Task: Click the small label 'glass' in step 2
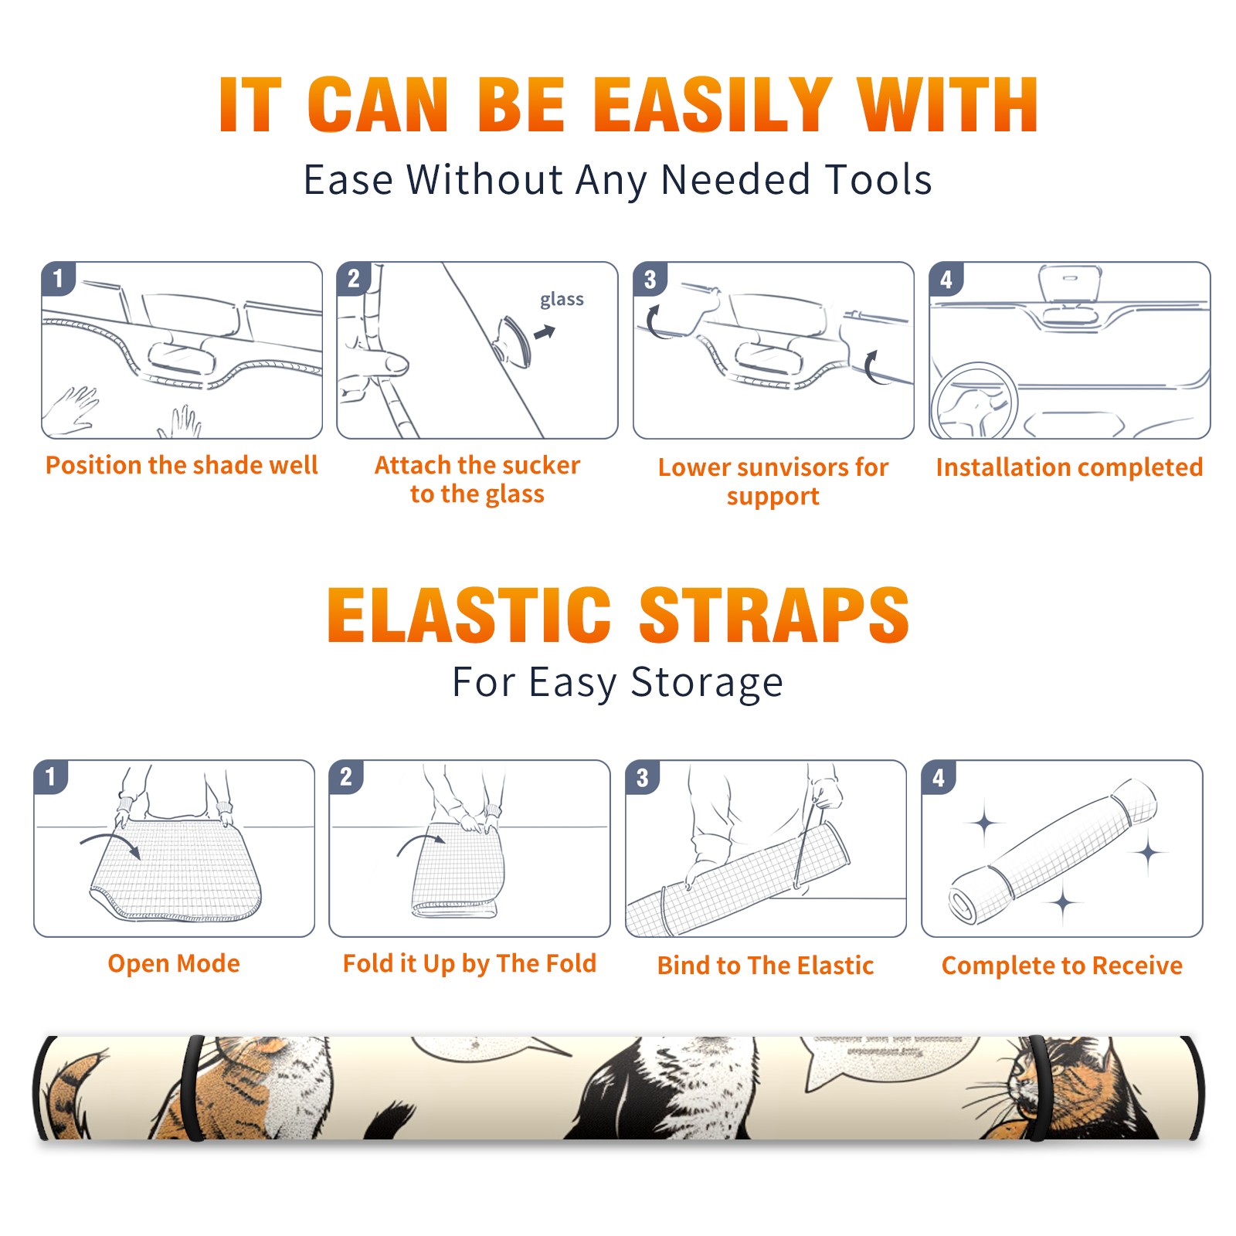[562, 300]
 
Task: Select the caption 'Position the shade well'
[182, 465]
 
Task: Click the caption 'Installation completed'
[1069, 467]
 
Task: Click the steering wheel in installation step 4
[975, 400]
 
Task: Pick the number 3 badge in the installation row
[650, 280]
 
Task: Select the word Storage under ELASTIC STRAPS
[707, 683]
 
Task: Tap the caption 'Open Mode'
[174, 963]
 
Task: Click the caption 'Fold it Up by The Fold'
[470, 964]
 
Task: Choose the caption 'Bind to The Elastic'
[766, 966]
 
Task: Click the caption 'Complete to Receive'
[1062, 966]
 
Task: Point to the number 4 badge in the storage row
[938, 778]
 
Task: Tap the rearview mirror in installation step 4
[1069, 284]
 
